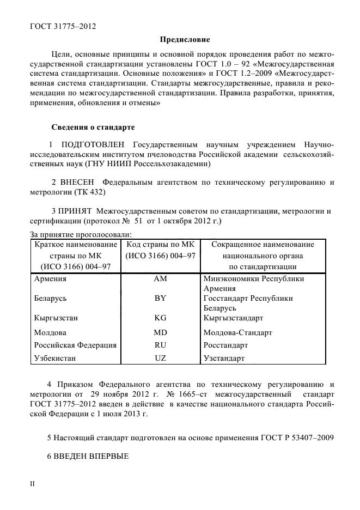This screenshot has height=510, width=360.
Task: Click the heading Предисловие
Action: (x=185, y=40)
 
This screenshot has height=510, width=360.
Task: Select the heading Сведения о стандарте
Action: (x=93, y=127)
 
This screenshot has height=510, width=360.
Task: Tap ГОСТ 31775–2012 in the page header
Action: (x=60, y=26)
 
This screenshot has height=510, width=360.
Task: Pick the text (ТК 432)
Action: (x=89, y=192)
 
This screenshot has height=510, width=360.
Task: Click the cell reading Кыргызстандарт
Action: (x=233, y=318)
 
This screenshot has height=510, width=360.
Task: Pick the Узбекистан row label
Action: (x=55, y=359)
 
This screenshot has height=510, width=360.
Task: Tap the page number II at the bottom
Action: (x=32, y=483)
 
